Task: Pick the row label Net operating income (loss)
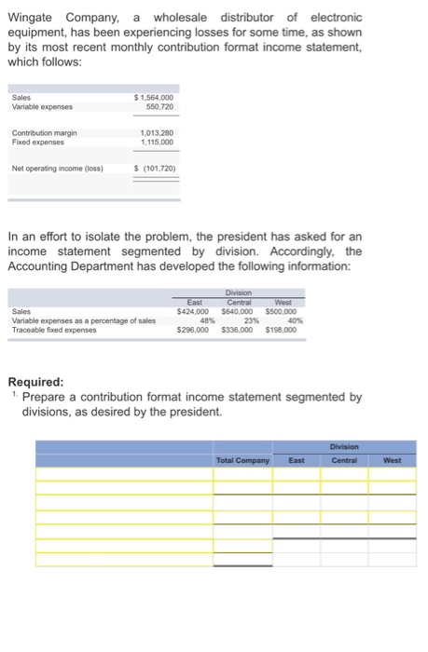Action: tap(57, 168)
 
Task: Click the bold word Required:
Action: tap(36, 381)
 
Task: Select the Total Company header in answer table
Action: tap(242, 459)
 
